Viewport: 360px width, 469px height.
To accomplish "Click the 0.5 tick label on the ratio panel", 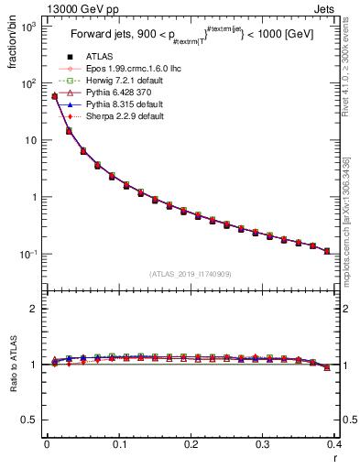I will (30, 420).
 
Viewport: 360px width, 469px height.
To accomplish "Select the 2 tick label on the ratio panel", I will (35, 310).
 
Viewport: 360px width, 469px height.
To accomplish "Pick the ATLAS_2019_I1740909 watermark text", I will (191, 274).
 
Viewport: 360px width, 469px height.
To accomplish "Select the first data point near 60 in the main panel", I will (54, 95).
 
